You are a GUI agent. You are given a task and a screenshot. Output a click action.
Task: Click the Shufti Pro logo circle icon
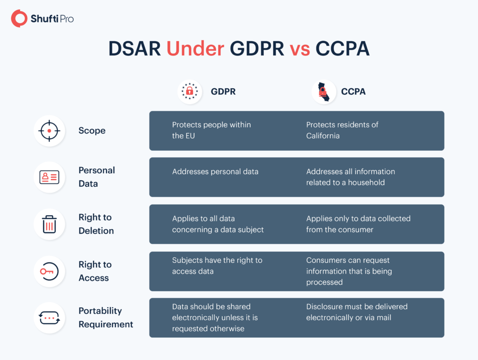[x=20, y=19]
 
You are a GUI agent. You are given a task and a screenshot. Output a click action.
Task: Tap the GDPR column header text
[x=223, y=92]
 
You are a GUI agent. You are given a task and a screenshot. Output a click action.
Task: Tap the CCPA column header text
[x=353, y=92]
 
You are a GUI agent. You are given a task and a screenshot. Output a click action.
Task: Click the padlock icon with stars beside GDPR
[x=190, y=91]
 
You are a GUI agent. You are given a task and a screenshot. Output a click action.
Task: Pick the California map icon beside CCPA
[x=323, y=92]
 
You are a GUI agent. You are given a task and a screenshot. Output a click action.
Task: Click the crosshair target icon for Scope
[x=49, y=131]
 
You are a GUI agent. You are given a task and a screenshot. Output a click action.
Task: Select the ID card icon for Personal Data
[x=49, y=177]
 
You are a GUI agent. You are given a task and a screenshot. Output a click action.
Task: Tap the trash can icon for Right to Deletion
[x=49, y=224]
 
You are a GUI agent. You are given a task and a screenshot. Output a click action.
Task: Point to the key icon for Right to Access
[x=49, y=271]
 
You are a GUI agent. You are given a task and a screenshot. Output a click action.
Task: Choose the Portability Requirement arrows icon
[x=49, y=318]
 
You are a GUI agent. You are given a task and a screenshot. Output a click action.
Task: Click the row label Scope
[x=92, y=131]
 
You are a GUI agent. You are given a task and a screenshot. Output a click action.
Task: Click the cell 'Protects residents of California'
[x=342, y=130]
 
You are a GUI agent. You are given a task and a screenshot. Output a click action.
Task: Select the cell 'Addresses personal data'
[x=215, y=171]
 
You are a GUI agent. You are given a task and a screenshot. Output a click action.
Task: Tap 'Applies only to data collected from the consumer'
[x=358, y=224]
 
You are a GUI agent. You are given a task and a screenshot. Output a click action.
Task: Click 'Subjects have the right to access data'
[x=217, y=266]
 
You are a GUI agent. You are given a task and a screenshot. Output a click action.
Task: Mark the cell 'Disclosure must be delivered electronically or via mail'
[x=357, y=312]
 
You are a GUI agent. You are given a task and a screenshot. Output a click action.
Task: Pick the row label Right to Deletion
[x=96, y=224]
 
